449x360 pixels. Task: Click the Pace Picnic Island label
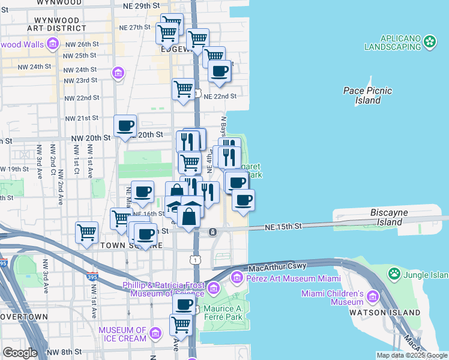point(367,95)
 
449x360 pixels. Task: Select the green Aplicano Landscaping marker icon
point(429,41)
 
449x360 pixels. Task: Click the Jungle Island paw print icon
point(394,274)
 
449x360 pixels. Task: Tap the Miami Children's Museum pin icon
point(372,297)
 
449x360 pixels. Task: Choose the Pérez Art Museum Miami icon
point(237,278)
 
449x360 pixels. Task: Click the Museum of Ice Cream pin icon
point(155,333)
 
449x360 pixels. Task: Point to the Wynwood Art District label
point(56,23)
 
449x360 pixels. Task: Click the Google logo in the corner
point(20,352)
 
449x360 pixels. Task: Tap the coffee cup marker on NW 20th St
point(125,127)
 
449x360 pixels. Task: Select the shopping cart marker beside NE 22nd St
point(183,89)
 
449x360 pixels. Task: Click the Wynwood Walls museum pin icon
point(52,44)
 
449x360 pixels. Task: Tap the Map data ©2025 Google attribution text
point(411,355)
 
